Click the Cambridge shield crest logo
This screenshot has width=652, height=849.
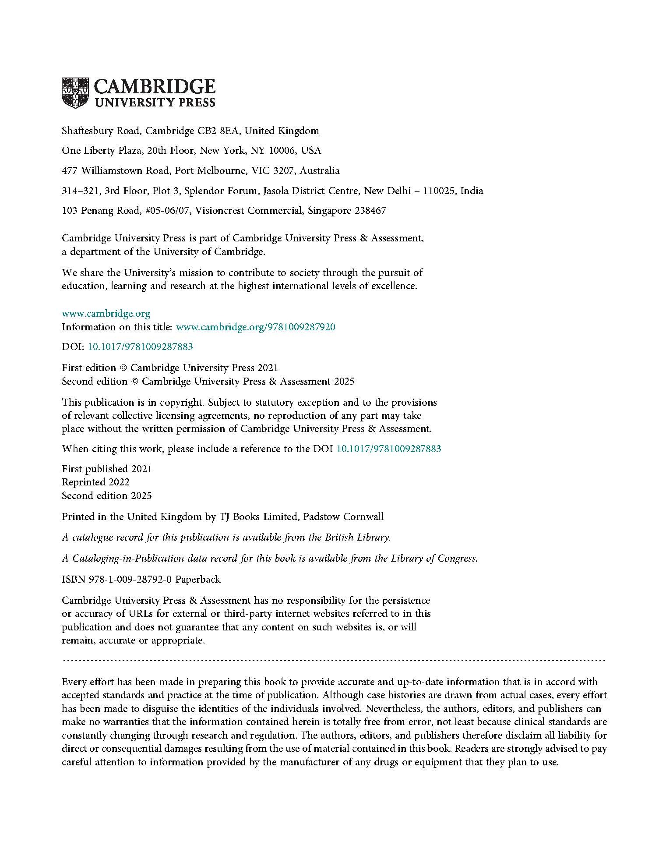tap(75, 92)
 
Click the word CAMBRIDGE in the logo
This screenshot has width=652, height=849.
tap(155, 87)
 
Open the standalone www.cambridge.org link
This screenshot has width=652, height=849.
tap(106, 314)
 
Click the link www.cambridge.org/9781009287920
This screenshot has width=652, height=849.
tap(255, 327)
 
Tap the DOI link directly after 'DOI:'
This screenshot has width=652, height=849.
tap(141, 347)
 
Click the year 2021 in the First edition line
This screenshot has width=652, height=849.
tap(268, 368)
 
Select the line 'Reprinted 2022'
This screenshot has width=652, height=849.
tap(95, 482)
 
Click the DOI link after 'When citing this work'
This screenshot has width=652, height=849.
tap(388, 449)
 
